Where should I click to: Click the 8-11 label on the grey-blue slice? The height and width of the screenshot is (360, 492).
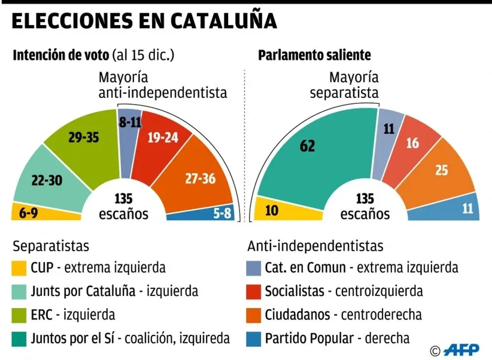pyautogui.click(x=130, y=123)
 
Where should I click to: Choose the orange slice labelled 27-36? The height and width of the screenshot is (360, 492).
pyautogui.click(x=199, y=178)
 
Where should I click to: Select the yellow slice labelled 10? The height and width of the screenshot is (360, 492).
pyautogui.click(x=272, y=210)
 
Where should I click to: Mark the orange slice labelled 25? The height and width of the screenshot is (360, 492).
pyautogui.click(x=441, y=170)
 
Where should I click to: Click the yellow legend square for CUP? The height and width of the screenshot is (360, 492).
pyautogui.click(x=19, y=268)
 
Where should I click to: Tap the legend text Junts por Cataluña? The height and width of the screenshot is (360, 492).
pyautogui.click(x=83, y=291)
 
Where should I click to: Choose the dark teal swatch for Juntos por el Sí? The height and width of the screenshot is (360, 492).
pyautogui.click(x=19, y=338)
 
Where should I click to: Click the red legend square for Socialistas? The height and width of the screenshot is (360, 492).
pyautogui.click(x=252, y=291)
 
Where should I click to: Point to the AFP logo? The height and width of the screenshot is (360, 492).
pyautogui.click(x=462, y=350)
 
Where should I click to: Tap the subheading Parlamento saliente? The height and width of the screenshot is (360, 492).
pyautogui.click(x=314, y=55)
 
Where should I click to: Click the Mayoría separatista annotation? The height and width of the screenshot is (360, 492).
pyautogui.click(x=344, y=85)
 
